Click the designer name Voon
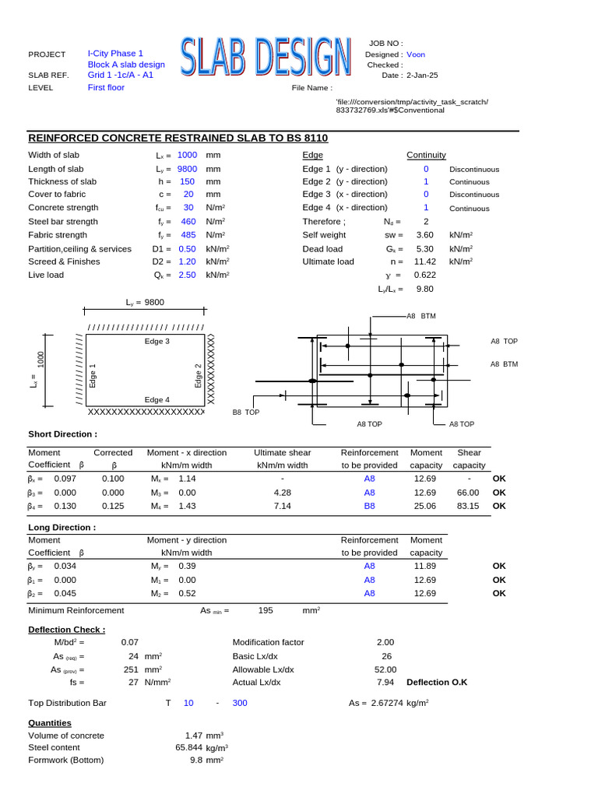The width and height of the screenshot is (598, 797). pos(416,54)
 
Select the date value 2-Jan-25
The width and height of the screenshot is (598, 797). pos(422,75)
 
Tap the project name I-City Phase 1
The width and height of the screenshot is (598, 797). pos(115,54)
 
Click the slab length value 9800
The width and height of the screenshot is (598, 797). pos(187,169)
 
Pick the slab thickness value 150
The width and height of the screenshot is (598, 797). pos(187,181)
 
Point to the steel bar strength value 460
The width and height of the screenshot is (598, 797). pos(187,222)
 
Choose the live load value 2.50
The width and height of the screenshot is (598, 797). pos(187,275)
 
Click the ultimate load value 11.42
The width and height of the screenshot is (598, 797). pos(424,262)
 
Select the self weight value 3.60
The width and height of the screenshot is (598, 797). pos(424,234)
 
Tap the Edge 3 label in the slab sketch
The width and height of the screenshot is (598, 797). pos(157,341)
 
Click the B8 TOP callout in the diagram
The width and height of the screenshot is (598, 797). pos(246,413)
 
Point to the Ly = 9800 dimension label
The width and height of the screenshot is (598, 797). pos(145,302)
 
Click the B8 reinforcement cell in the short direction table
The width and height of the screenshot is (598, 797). pos(369,506)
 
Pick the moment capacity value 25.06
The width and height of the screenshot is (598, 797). pos(426,506)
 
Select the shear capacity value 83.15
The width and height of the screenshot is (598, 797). pos(467,506)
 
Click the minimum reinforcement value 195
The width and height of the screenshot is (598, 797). pos(266,611)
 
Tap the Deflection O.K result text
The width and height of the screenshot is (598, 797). pos(437,682)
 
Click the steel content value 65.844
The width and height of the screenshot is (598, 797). pos(189,748)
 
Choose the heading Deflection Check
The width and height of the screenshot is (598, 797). pos(66,629)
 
